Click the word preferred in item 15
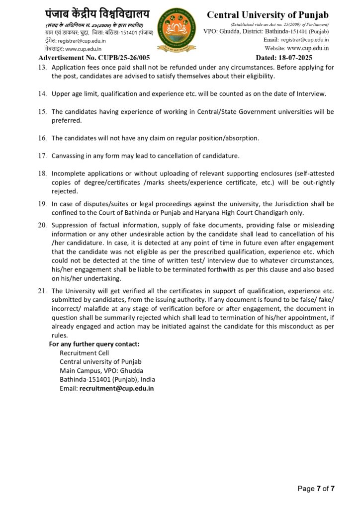click(65, 120)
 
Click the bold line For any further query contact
click(94, 344)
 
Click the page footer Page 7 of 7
click(316, 489)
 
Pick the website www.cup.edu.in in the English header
click(308, 48)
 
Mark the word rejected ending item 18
click(65, 191)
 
